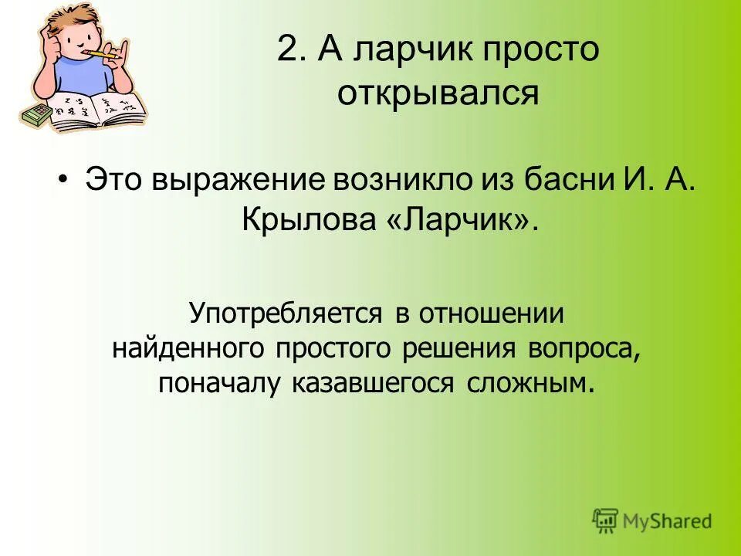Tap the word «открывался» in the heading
pyautogui.click(x=437, y=95)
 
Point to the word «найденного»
pyautogui.click(x=188, y=349)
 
